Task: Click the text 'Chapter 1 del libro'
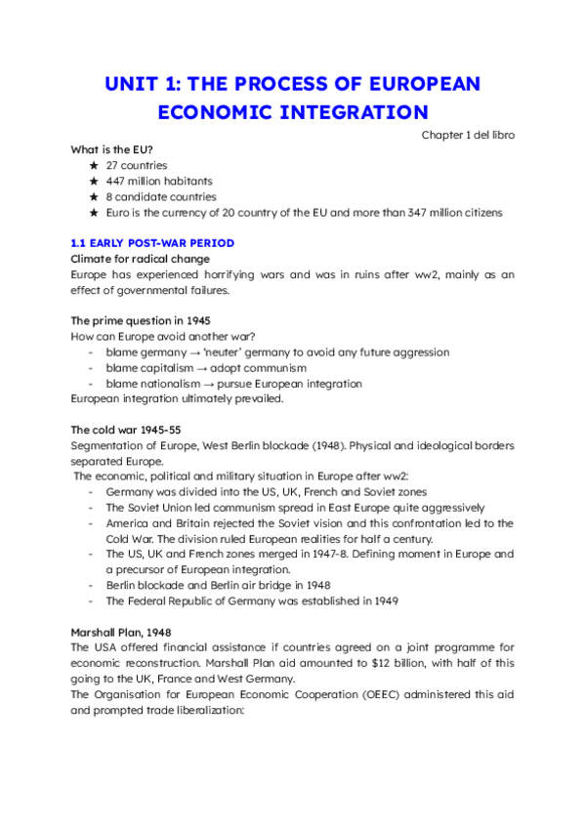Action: click(468, 134)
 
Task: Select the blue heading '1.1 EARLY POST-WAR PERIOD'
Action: click(152, 242)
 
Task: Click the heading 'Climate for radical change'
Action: click(140, 259)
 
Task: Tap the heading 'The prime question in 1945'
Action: click(141, 320)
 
